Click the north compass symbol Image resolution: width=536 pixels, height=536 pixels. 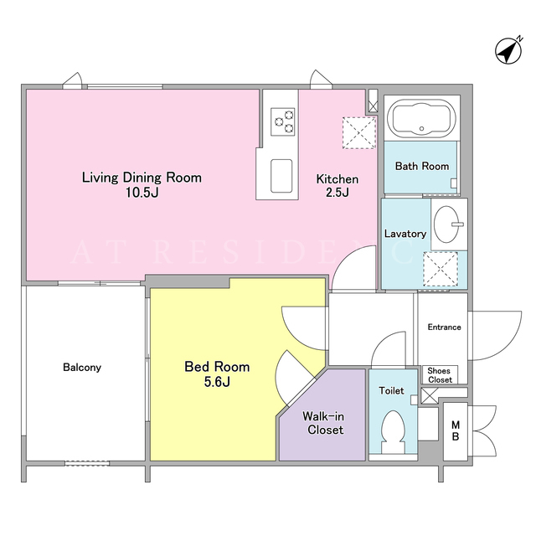508,50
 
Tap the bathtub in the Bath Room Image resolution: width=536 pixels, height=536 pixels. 422,118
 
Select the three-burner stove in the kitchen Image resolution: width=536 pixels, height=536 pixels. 283,121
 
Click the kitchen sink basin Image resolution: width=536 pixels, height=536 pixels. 281,176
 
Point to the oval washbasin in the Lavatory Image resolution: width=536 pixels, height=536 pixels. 447,224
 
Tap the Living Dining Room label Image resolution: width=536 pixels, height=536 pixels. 142,178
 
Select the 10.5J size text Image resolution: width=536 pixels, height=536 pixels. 142,193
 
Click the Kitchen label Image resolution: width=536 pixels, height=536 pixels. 337,179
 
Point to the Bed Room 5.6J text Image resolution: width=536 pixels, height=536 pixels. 217,374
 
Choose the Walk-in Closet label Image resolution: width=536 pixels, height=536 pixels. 323,423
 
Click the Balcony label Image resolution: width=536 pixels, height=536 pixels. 82,368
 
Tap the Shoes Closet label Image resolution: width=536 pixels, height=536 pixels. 439,375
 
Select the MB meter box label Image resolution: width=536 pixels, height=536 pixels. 456,430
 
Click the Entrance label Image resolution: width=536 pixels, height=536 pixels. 444,327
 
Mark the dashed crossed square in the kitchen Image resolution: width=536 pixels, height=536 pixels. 359,132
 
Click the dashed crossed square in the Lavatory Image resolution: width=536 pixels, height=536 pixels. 441,269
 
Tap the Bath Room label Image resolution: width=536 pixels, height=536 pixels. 422,166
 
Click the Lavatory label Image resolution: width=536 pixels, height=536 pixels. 405,234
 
